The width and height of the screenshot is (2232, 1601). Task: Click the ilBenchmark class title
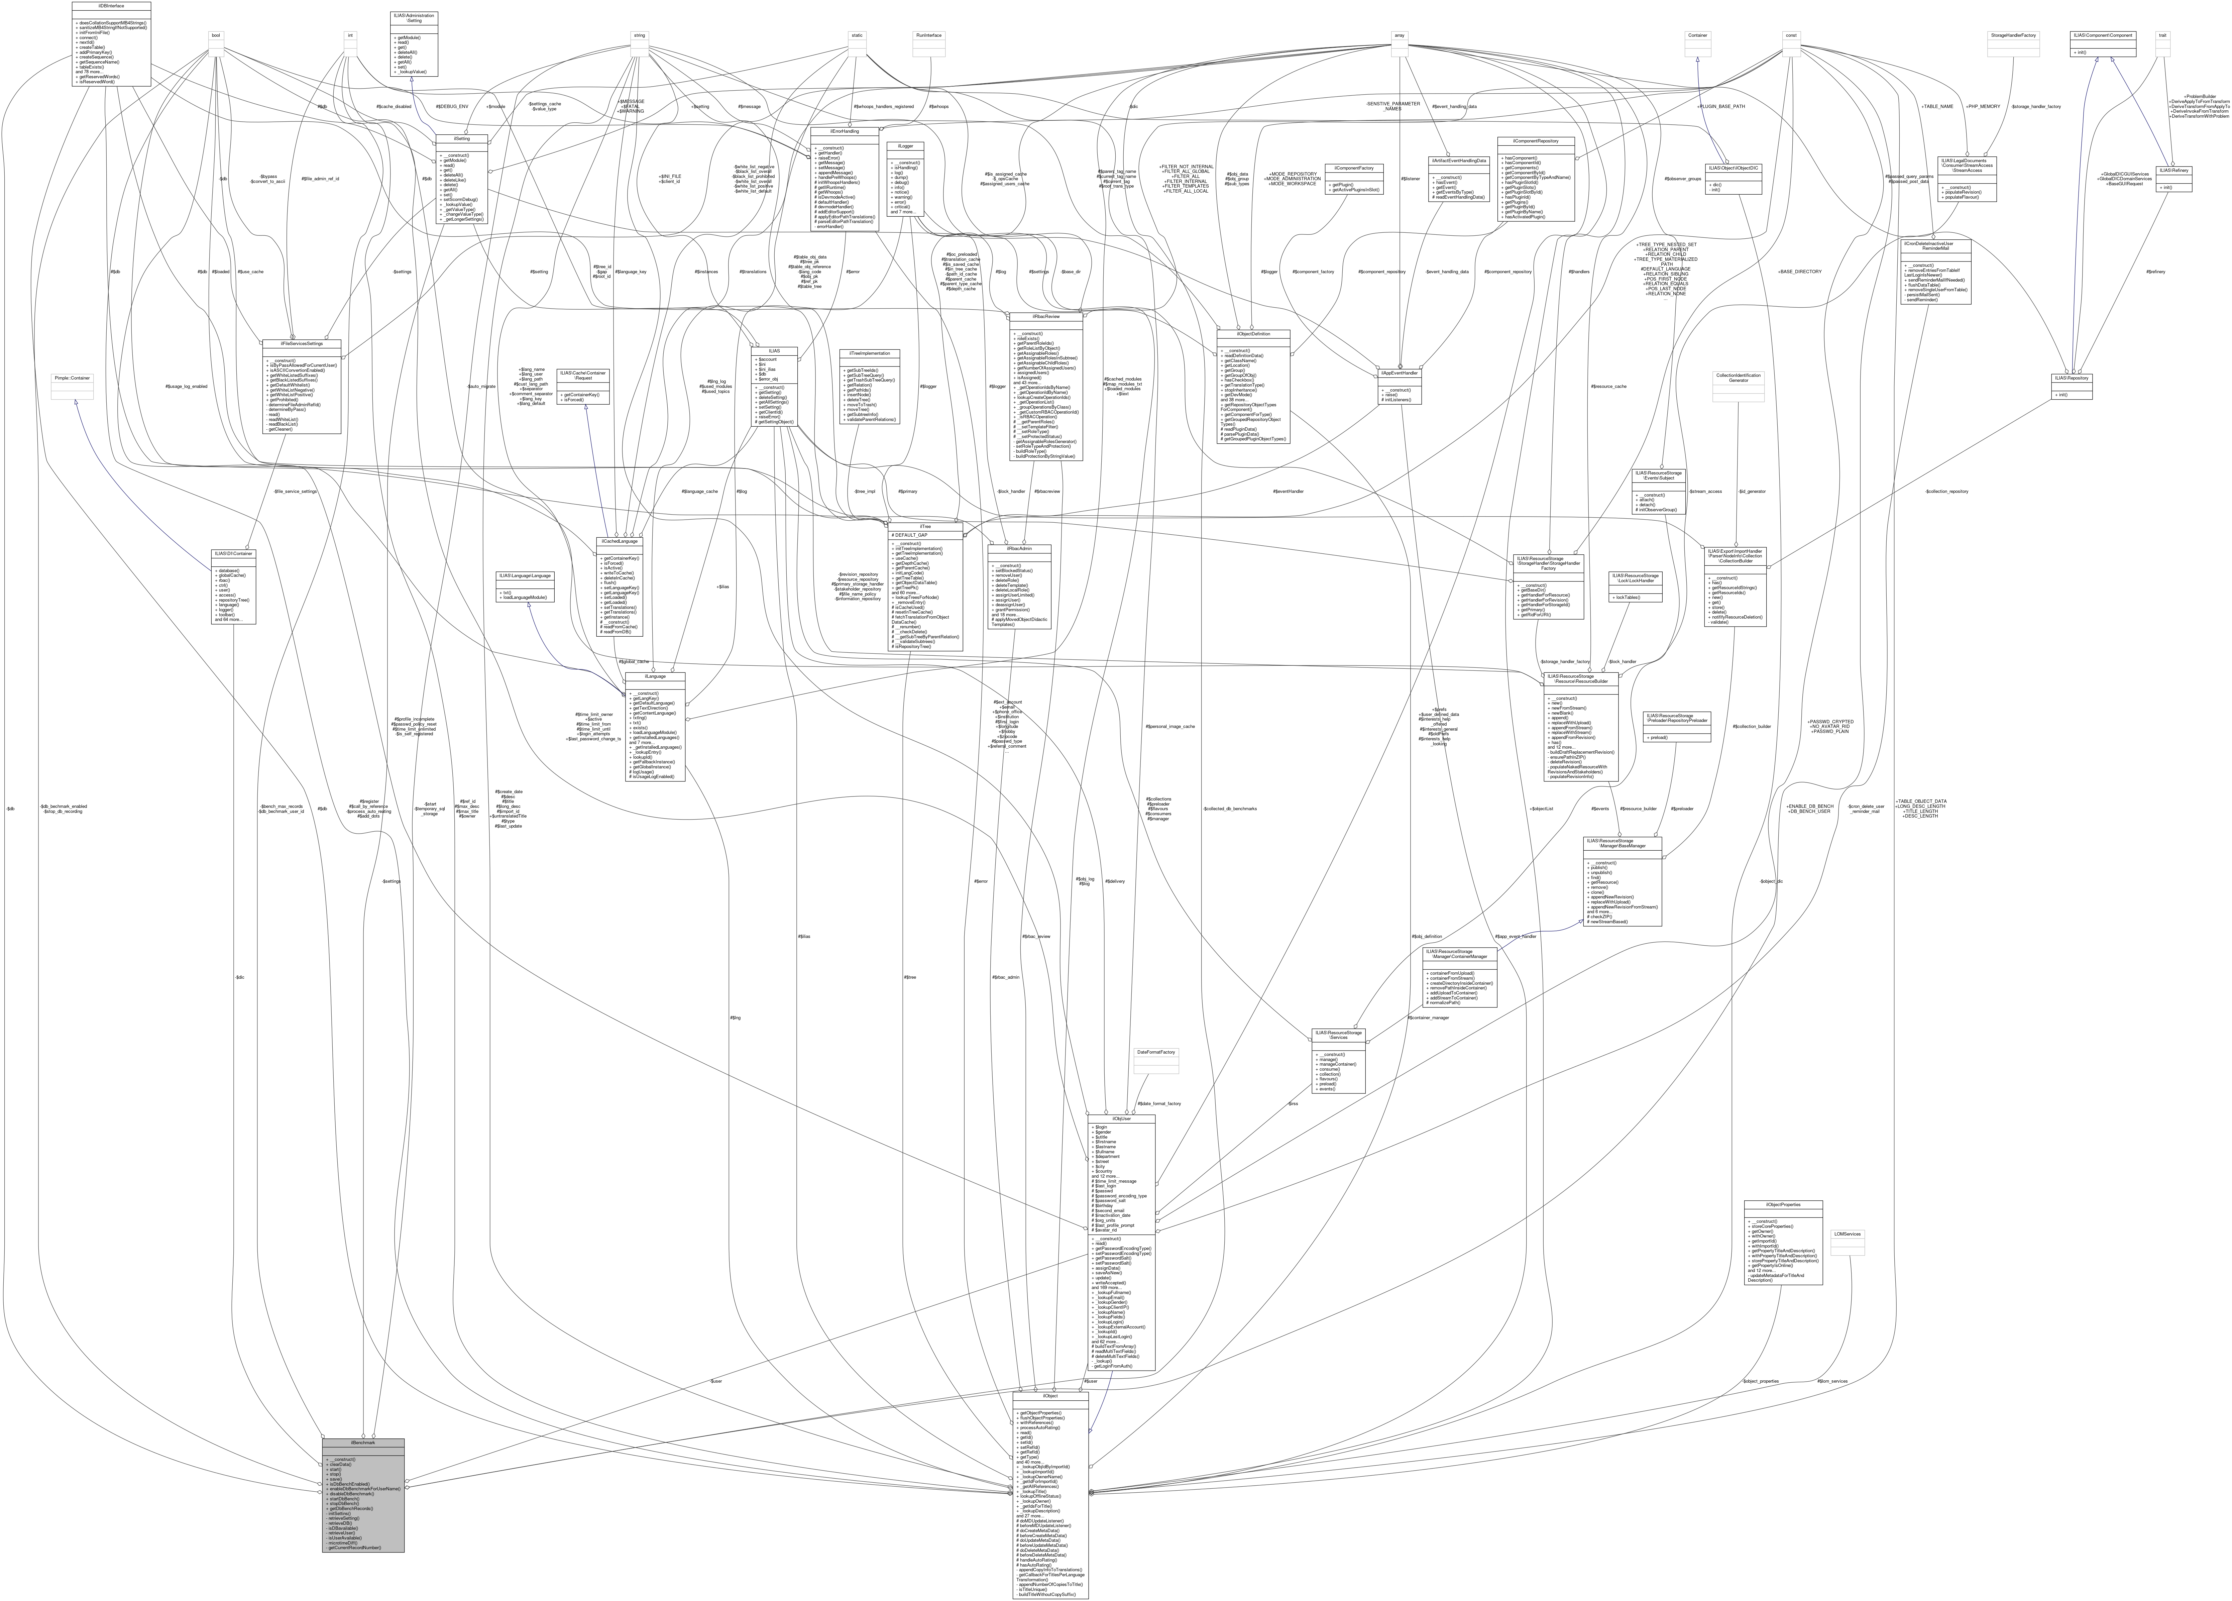click(x=362, y=1443)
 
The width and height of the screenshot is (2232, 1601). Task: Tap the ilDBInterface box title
click(x=111, y=5)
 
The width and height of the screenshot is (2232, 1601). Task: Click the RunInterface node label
click(x=928, y=35)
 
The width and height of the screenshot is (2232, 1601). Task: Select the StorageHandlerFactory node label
click(x=2014, y=35)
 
